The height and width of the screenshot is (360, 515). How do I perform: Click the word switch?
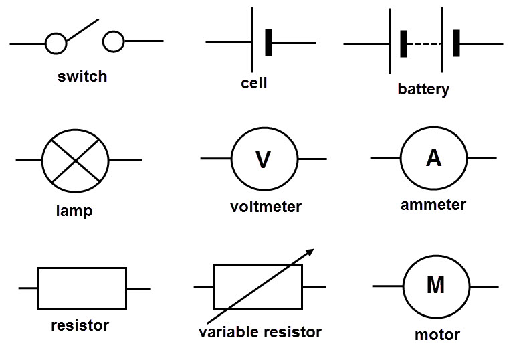82,76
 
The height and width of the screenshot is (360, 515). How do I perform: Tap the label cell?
254,83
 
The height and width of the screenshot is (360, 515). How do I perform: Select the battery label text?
423,90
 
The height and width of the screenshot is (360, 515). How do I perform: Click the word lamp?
74,211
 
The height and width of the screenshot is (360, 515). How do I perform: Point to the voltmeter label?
266,207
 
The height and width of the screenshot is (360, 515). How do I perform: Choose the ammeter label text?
433,205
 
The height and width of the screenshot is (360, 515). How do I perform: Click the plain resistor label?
80,325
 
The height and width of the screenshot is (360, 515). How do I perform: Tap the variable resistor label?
260,332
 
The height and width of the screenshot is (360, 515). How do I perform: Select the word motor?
437,335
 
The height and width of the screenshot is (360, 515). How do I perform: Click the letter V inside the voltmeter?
263,160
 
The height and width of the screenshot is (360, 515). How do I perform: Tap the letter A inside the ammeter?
433,158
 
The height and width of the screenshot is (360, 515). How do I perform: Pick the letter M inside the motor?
436,285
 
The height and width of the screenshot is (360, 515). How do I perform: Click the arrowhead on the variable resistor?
310,252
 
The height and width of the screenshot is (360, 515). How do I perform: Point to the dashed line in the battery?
424,43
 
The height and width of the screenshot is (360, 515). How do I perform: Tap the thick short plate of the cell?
269,42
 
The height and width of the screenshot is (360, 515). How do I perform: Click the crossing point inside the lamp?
76,161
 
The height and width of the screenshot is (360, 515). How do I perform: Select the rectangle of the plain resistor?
38,288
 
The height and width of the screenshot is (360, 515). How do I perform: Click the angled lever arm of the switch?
82,30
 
